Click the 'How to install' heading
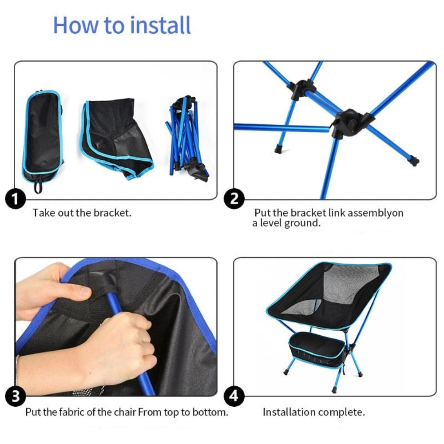122,25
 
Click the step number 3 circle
16,396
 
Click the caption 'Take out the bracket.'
82,213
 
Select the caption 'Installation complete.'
313,412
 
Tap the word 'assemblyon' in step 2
375,213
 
